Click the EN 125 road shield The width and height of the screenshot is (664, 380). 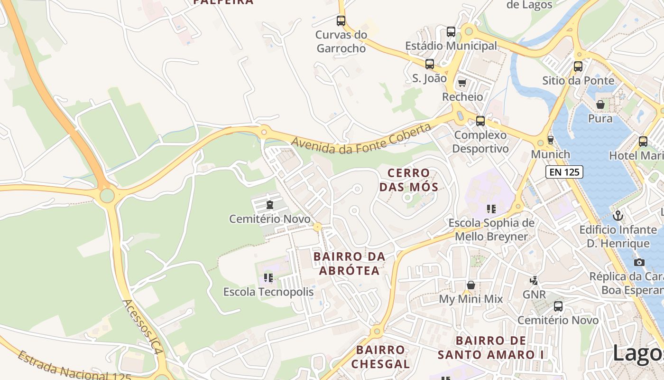[564, 172]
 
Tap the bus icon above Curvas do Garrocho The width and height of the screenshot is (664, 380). [341, 20]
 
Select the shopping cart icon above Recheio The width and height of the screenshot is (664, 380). [462, 83]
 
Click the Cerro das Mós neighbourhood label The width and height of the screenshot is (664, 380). [408, 180]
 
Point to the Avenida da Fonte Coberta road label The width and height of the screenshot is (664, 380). [361, 140]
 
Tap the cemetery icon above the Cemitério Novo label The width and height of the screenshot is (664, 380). [270, 205]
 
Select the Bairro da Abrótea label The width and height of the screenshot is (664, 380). [349, 264]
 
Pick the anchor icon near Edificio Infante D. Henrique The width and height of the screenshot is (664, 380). [618, 216]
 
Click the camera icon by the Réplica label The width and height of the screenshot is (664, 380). [639, 262]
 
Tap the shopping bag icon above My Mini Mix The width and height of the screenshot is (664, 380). [471, 285]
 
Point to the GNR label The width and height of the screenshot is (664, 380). [534, 294]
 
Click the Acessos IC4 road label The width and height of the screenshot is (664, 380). [143, 327]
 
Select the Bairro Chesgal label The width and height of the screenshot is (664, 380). [381, 357]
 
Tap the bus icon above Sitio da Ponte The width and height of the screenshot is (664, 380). [578, 66]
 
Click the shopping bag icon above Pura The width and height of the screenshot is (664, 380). [600, 104]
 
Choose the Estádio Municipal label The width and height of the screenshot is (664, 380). [451, 46]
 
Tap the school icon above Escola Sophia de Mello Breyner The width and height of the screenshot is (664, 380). [491, 209]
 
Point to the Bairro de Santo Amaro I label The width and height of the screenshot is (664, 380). [491, 348]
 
